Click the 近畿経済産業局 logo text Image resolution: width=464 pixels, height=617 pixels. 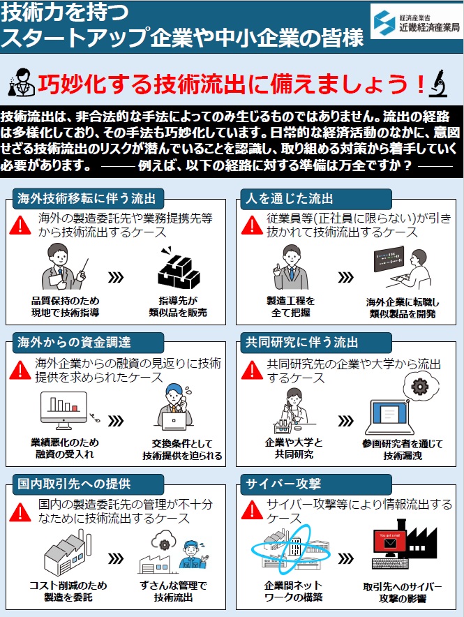pos(425,29)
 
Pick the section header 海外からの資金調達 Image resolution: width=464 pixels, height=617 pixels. pos(75,343)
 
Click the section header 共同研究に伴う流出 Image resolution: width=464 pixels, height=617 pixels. pos(301,343)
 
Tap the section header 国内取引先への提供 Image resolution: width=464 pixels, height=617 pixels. pos(75,484)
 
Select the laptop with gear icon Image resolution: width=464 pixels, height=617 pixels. pos(394,408)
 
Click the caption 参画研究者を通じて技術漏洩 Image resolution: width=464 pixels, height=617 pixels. pos(403,449)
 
